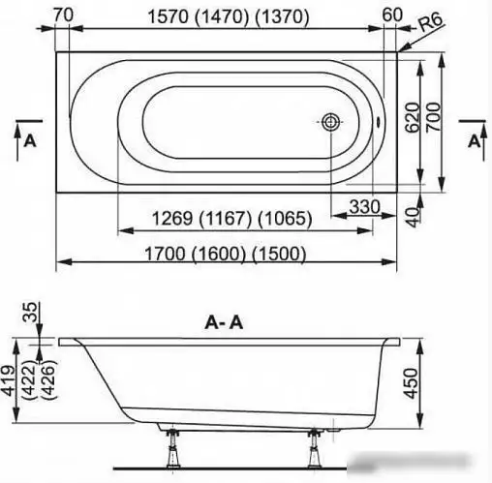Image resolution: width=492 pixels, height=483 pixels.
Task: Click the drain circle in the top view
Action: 329,122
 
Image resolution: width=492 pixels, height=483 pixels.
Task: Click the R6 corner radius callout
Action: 431,23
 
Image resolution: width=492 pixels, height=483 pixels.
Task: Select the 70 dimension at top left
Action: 63,15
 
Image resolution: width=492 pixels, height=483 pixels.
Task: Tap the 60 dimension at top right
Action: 392,15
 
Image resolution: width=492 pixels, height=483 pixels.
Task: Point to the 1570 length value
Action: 168,16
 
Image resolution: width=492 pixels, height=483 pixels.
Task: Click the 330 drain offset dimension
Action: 365,206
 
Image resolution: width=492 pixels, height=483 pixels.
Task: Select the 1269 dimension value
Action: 172,218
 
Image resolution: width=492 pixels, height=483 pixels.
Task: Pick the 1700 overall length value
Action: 165,254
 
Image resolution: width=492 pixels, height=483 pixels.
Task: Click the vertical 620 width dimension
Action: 412,117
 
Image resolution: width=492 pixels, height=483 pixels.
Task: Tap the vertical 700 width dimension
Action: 433,117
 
